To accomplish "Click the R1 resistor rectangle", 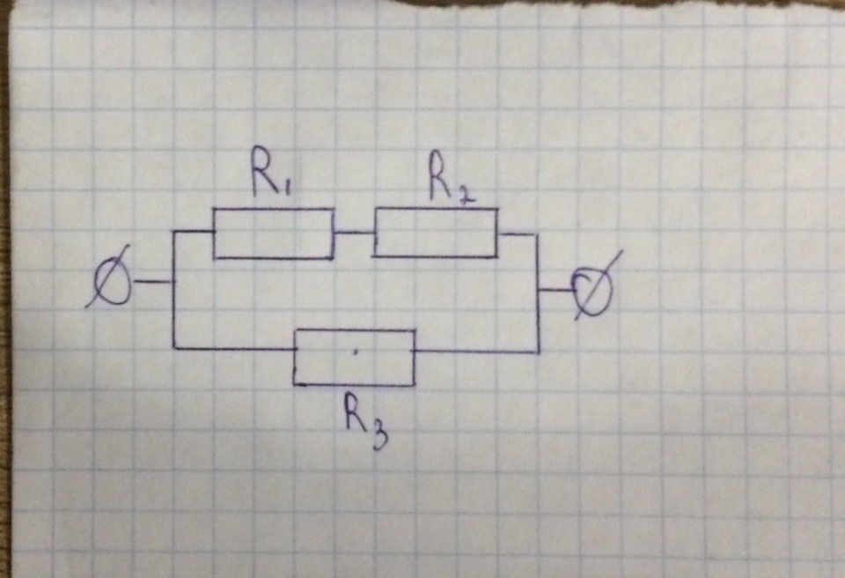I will point(274,233).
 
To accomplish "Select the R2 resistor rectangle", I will point(436,233).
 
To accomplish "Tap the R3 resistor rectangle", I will point(354,357).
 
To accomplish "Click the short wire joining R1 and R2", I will point(354,233).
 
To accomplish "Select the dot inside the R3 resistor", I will point(356,352).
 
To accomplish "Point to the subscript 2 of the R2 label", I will point(467,191).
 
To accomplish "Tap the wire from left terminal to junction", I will point(152,282).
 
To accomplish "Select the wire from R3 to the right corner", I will point(476,352).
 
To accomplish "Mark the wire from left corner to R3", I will point(233,349).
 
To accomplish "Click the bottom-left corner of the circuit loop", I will point(174,348).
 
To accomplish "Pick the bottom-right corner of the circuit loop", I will point(538,352).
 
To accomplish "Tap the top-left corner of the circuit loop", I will point(175,233).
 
